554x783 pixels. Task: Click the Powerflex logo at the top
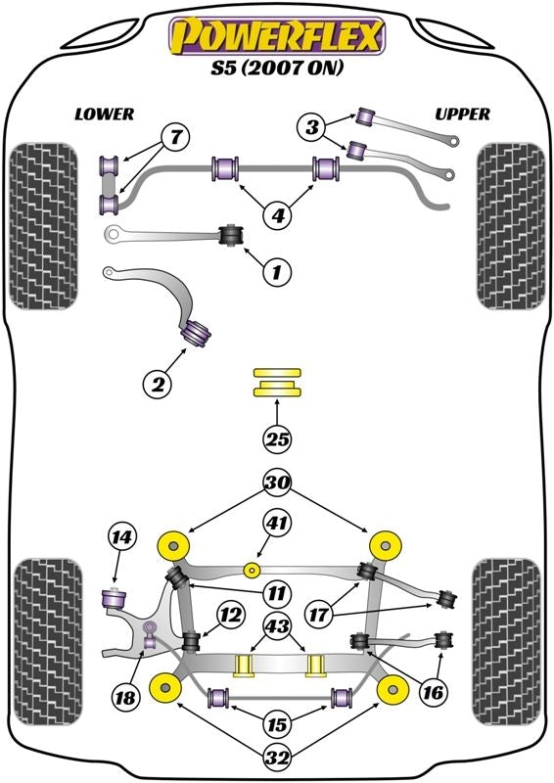click(x=277, y=37)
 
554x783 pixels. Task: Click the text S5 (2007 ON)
click(x=277, y=70)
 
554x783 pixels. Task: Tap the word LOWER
click(x=104, y=115)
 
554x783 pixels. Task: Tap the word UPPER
click(x=462, y=115)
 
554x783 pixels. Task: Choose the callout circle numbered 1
click(x=277, y=272)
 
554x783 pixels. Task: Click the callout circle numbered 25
click(x=277, y=440)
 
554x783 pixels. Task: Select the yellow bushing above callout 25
click(x=277, y=383)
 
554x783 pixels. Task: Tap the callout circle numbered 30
click(x=277, y=482)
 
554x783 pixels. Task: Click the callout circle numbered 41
click(x=277, y=526)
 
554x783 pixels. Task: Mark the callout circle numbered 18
click(x=123, y=698)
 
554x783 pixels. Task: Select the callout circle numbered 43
click(x=277, y=625)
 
